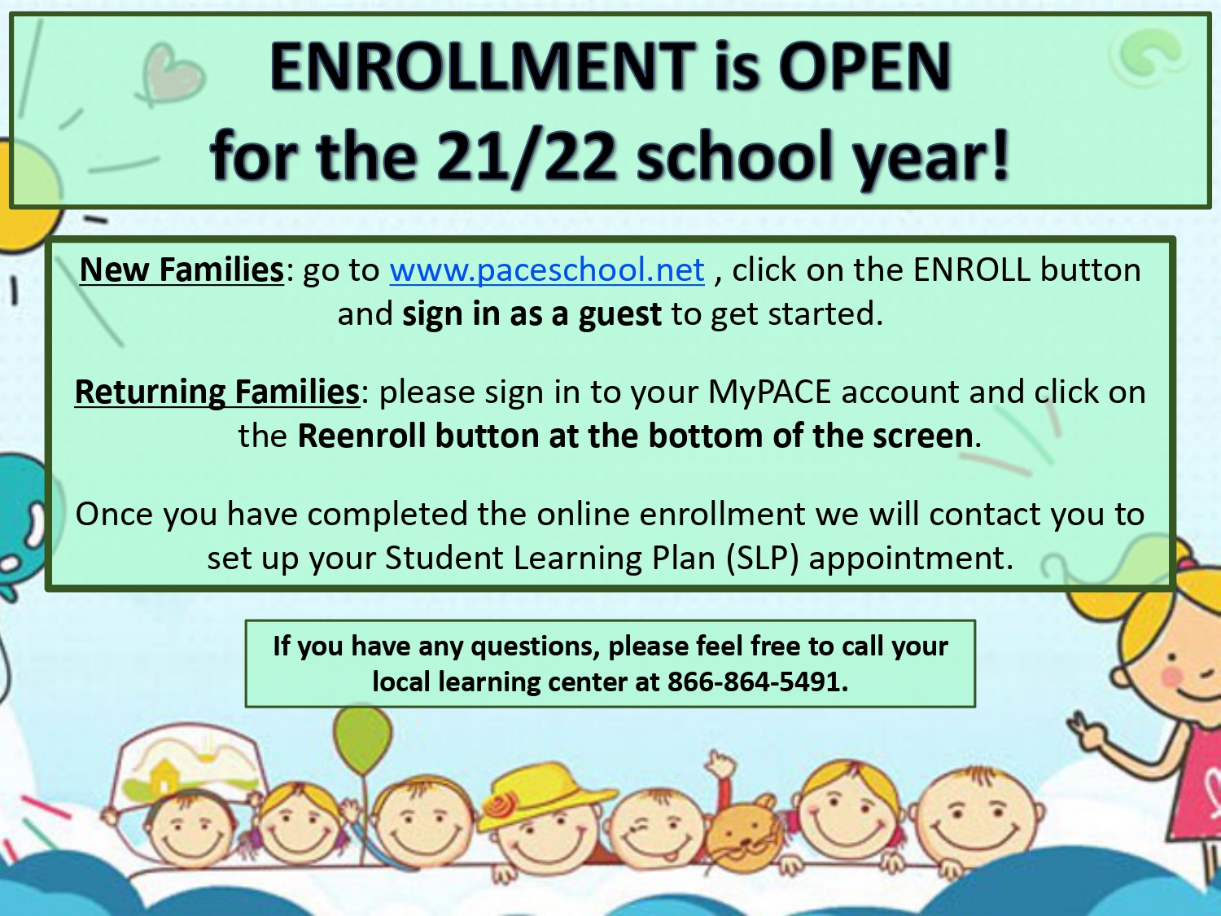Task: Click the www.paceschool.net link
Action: coord(547,270)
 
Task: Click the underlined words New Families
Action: coord(182,270)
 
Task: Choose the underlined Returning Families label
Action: coord(217,392)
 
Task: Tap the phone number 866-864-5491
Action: coord(757,682)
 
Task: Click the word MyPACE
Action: coord(769,392)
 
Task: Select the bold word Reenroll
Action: coord(361,436)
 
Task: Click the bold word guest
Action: coord(619,315)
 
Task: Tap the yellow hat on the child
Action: coord(546,794)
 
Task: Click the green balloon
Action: coord(363,742)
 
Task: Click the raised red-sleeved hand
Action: coord(720,768)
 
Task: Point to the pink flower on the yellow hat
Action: coord(499,804)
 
